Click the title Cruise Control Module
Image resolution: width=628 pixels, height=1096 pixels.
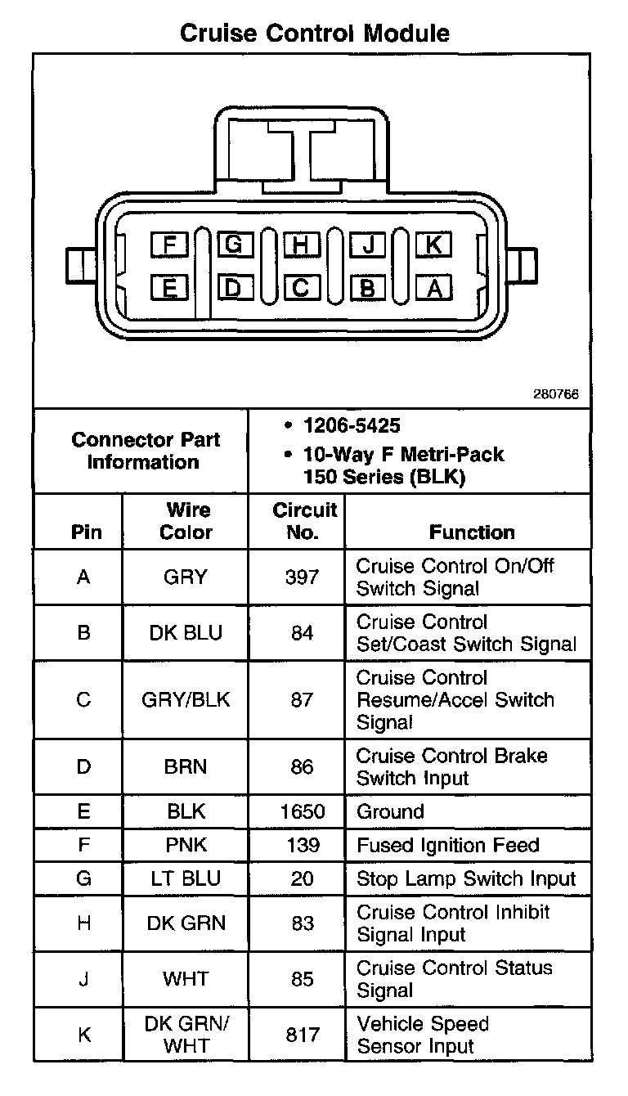coord(314,33)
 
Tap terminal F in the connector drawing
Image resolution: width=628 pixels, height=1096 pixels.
coord(169,244)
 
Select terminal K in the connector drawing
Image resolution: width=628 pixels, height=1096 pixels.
coord(433,244)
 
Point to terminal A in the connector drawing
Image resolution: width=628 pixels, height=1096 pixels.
coord(433,287)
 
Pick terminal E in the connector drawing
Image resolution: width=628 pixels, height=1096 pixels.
coord(169,287)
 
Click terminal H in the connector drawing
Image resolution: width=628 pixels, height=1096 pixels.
coord(301,244)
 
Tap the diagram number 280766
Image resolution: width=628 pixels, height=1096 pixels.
coord(556,393)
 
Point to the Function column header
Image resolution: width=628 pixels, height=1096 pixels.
coord(472,532)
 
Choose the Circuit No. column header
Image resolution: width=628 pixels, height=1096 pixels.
coord(303,521)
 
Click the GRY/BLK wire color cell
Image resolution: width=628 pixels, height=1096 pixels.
coord(186,700)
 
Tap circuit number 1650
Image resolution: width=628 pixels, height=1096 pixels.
coord(302,811)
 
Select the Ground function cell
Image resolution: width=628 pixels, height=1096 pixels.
coord(390,811)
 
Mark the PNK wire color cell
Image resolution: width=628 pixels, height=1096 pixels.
coord(186,845)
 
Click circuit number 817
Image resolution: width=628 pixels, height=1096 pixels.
coord(302,1035)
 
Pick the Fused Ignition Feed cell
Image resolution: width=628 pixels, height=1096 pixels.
coord(448,845)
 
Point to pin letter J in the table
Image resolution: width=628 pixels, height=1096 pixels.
coord(83,979)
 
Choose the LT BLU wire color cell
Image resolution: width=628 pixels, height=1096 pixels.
coord(186,878)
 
